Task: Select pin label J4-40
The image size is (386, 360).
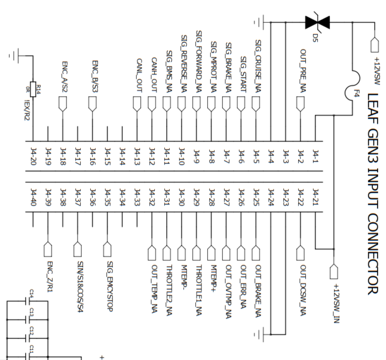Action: [33, 198]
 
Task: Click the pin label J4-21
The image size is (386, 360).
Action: [316, 198]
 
